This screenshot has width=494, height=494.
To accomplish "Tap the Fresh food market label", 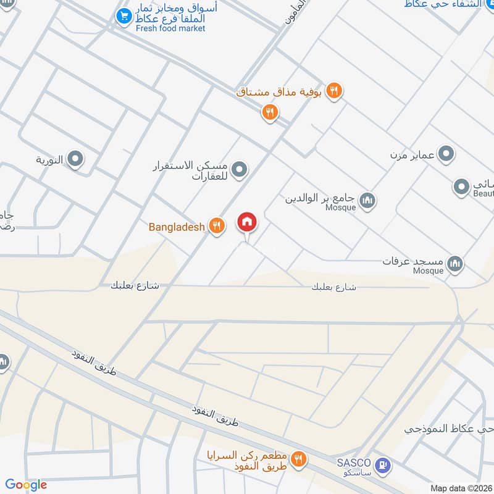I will (x=170, y=28).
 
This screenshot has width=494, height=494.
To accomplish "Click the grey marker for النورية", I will (x=75, y=160).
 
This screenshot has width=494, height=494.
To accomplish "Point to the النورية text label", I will (x=49, y=161).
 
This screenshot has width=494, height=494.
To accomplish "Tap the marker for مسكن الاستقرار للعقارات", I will (x=240, y=169).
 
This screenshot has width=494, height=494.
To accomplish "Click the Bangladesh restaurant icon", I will (x=216, y=226).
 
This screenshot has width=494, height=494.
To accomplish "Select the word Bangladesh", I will (x=177, y=227).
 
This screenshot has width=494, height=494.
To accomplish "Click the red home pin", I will (x=247, y=222).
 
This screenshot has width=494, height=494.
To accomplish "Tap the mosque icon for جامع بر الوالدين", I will (x=367, y=200).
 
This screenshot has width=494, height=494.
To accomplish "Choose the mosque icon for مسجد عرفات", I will (x=456, y=264).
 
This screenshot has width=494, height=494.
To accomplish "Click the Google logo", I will (x=26, y=485).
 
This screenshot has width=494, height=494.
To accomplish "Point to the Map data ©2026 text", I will (x=459, y=488).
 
